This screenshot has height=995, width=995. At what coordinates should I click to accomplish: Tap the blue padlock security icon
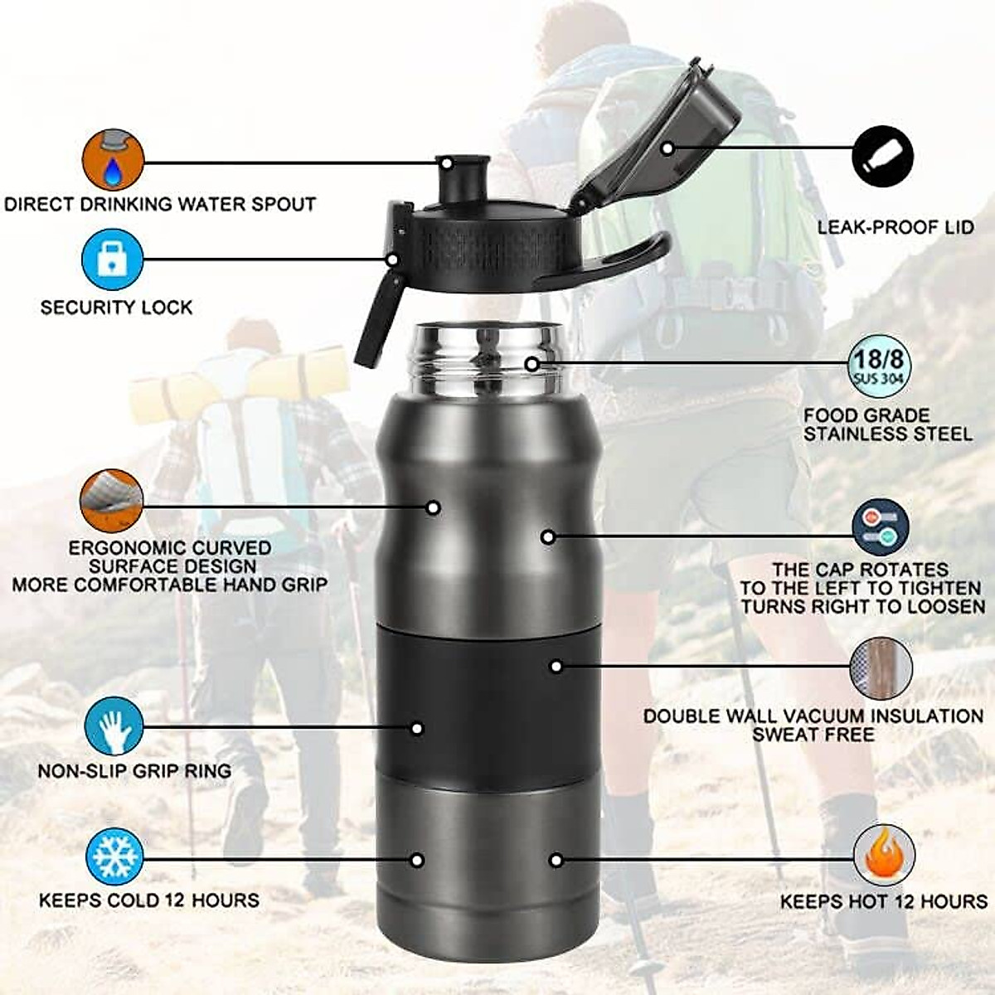tap(113, 260)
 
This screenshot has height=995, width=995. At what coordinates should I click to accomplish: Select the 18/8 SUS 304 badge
tap(880, 366)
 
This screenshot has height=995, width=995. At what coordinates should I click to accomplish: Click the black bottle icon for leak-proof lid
tap(883, 157)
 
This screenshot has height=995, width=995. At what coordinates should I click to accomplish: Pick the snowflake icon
tap(114, 857)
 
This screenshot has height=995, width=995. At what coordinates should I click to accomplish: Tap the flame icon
tap(884, 856)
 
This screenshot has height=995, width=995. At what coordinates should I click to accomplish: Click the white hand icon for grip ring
tap(114, 727)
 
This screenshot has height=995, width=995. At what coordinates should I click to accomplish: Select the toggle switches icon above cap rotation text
tap(881, 527)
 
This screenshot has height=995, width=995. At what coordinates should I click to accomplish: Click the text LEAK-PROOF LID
tap(895, 227)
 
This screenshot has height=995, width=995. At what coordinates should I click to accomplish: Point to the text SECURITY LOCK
tap(116, 308)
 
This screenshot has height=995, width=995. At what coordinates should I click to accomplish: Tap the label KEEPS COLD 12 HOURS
tap(149, 900)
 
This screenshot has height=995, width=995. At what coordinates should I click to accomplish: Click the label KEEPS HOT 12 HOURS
tap(884, 902)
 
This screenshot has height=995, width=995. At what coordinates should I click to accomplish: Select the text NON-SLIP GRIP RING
tap(134, 771)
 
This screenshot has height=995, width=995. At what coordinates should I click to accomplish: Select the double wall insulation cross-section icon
tap(881, 668)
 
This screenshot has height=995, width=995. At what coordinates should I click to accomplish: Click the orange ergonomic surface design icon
tap(112, 500)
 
